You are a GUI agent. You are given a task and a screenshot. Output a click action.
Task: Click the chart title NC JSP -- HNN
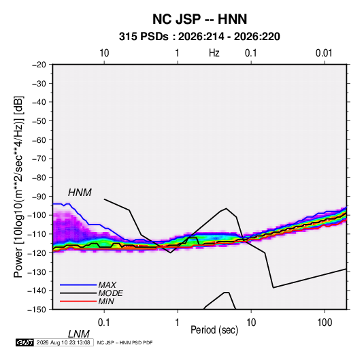(x=199, y=19)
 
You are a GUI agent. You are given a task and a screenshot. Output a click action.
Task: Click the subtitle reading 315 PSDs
(x=144, y=37)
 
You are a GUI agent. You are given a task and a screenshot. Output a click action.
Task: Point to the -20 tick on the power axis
(x=39, y=65)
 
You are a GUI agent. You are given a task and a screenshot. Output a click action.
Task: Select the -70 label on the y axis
(x=39, y=159)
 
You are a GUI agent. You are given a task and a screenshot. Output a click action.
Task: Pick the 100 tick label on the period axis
(x=325, y=323)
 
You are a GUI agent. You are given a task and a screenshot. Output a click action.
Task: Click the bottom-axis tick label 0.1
(x=104, y=323)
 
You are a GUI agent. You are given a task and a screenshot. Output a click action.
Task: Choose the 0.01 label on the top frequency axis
(x=324, y=53)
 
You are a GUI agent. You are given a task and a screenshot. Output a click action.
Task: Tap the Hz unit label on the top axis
(x=214, y=53)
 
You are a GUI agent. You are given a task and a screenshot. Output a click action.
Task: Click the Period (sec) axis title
(x=214, y=330)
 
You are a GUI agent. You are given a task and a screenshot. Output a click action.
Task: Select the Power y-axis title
(x=18, y=187)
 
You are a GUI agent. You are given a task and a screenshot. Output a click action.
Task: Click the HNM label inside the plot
(x=80, y=193)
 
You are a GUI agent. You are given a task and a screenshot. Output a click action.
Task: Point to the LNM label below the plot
(x=79, y=334)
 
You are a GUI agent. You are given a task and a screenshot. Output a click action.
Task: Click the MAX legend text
(x=107, y=285)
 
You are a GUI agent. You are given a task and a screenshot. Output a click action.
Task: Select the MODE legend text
(x=110, y=293)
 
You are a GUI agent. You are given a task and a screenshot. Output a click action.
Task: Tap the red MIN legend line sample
(x=78, y=301)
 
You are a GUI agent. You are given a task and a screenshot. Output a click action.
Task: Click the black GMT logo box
(x=25, y=342)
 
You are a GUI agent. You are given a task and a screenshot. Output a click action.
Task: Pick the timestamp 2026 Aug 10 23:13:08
(x=63, y=342)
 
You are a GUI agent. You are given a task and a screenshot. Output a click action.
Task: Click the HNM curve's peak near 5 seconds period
(x=227, y=208)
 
